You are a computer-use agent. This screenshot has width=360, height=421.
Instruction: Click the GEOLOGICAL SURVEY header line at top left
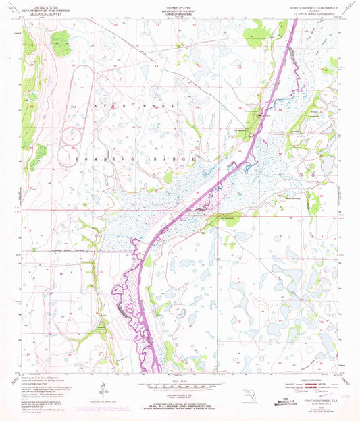[47, 13]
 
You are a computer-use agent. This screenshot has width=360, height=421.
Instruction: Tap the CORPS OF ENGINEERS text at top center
[180, 13]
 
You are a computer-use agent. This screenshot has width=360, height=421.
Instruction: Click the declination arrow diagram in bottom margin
[102, 392]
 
